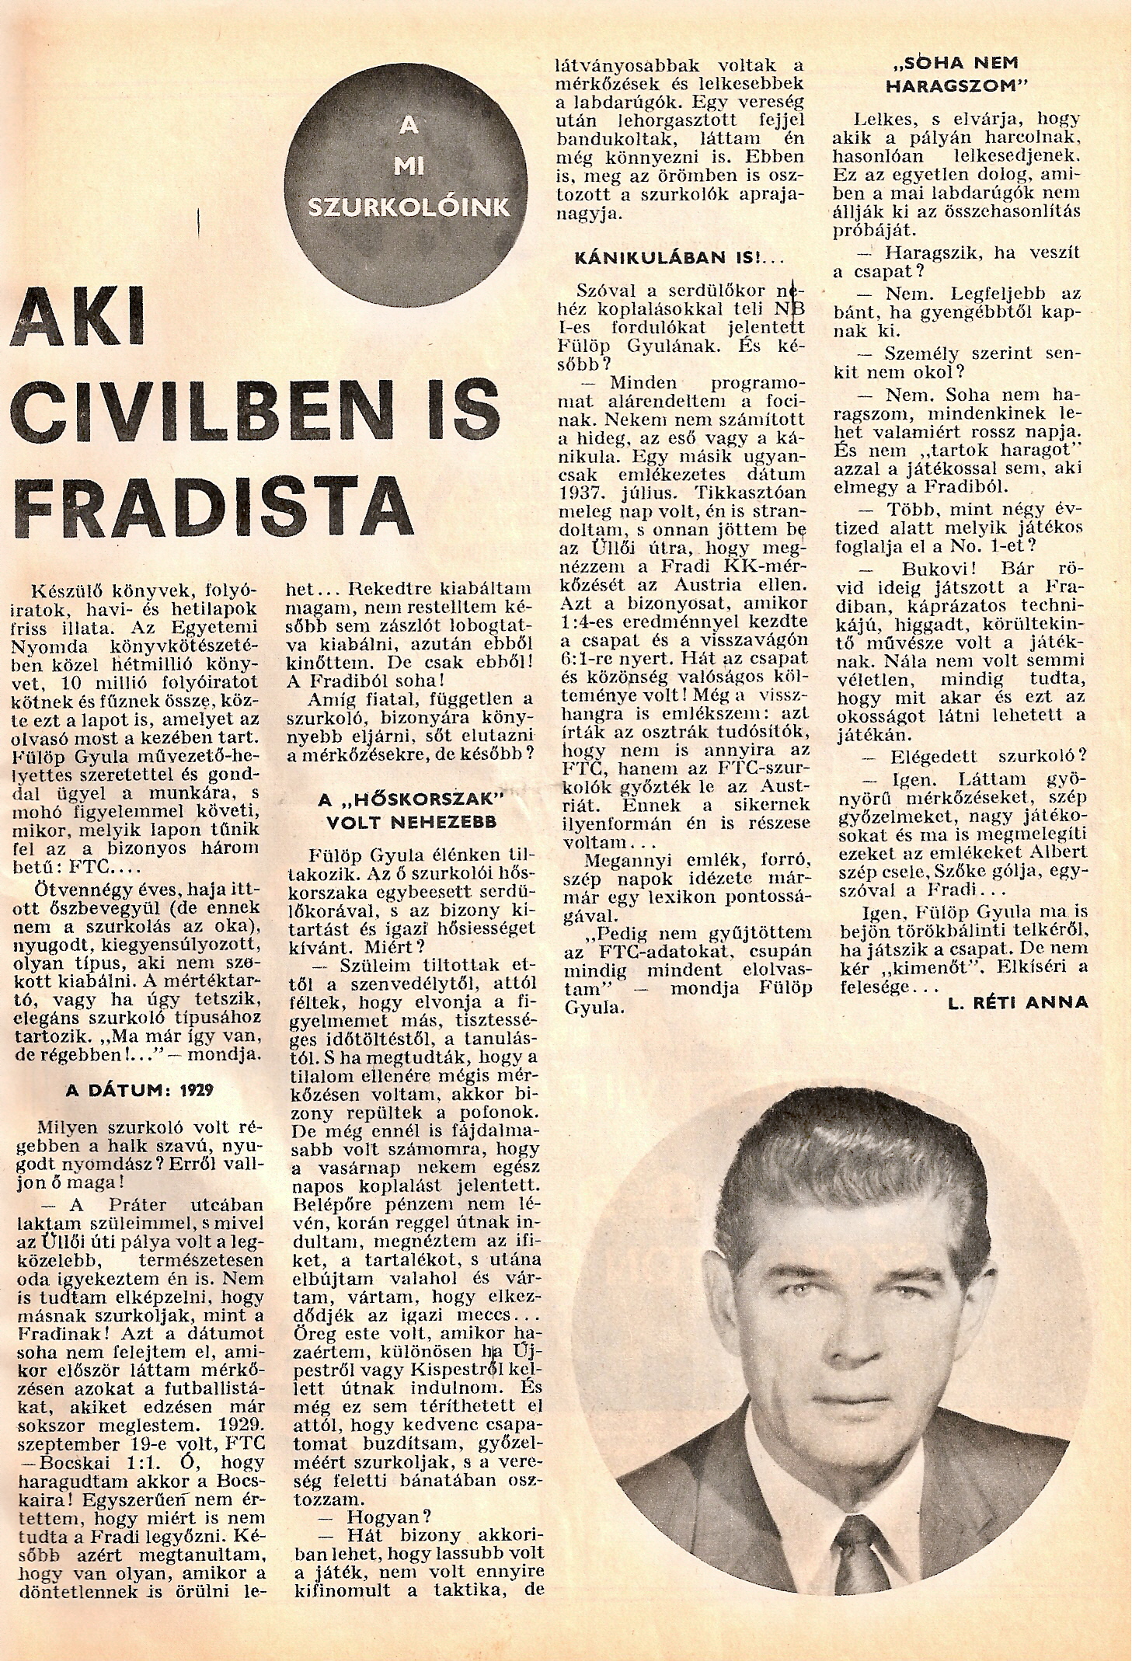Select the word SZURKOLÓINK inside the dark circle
pos(409,208)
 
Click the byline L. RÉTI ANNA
pos(1018,1002)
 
